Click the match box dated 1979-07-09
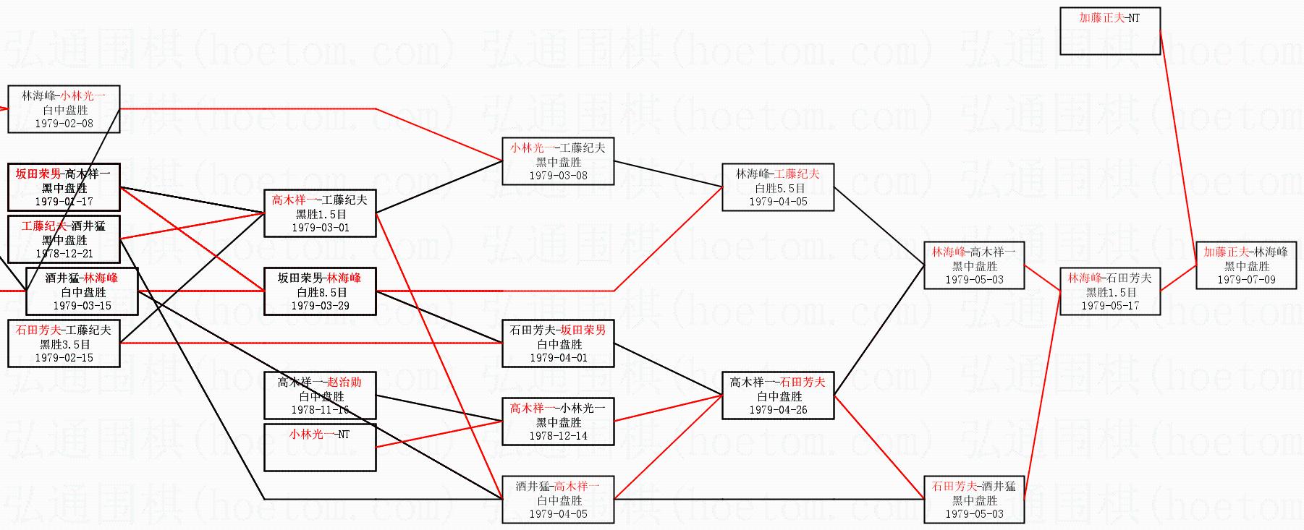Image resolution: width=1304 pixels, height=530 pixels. coord(1245,265)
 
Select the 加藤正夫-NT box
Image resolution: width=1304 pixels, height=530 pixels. coord(1109,31)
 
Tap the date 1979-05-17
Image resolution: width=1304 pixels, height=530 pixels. coord(1109,306)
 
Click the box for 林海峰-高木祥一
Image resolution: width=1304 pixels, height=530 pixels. coord(974,265)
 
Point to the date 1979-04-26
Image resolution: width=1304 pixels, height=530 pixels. coord(778,410)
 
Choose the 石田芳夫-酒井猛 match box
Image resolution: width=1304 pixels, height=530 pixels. coord(974,500)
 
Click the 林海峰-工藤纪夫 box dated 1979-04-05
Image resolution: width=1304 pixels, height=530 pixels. coord(778,187)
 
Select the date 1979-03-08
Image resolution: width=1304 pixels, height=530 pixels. coord(558,176)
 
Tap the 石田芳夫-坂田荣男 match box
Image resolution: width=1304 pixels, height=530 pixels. coord(558,343)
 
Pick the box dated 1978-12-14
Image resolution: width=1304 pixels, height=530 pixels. coord(558,422)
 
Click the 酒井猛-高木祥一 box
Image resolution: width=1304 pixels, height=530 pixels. coord(558,500)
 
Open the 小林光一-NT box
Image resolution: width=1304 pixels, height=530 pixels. coord(320,448)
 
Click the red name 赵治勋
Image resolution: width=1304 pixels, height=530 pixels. coord(344,382)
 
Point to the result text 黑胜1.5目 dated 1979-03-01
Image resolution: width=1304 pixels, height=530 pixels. coord(320,214)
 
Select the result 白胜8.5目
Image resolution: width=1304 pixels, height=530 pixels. coord(320,292)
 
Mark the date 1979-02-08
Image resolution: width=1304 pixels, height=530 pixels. coord(64,124)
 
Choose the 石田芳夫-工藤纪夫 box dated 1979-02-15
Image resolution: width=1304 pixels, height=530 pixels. coord(64,343)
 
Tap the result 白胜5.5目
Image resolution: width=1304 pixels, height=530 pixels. coord(778,188)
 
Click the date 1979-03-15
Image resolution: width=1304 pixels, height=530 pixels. coord(82,306)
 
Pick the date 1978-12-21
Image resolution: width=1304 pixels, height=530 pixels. coord(64,254)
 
